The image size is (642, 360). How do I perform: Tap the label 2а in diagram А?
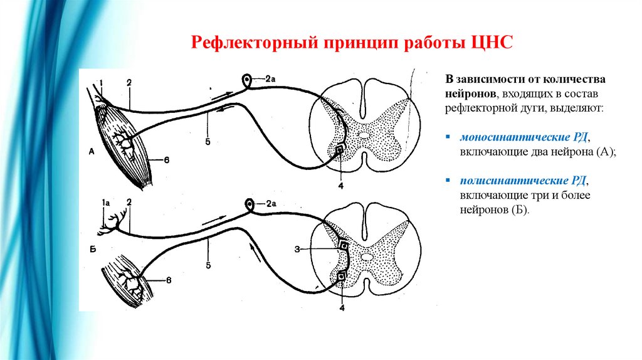click(x=270, y=79)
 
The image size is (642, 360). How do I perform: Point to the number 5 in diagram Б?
click(x=207, y=265)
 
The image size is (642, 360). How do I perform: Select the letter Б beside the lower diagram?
click(x=92, y=250)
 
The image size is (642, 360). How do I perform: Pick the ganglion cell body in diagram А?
click(x=248, y=80)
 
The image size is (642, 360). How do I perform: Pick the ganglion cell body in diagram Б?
click(x=250, y=204)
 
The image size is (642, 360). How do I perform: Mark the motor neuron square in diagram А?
click(x=339, y=151)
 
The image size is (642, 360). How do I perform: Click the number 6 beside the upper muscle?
click(x=166, y=160)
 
